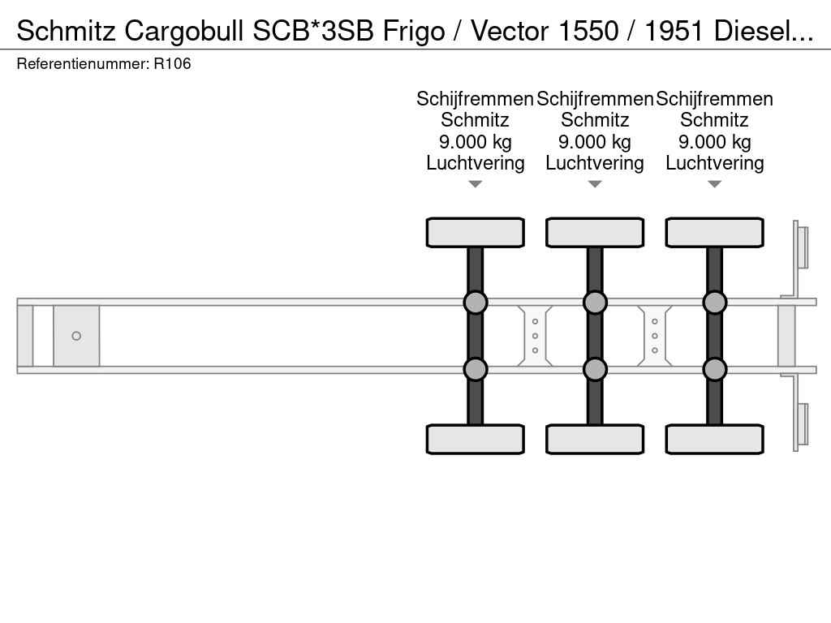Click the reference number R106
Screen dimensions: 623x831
(x=172, y=63)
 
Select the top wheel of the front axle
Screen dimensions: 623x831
(x=475, y=232)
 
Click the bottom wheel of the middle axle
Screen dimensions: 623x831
(x=595, y=439)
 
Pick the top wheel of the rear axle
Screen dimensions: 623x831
(x=714, y=232)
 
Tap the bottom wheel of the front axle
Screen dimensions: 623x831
(x=475, y=439)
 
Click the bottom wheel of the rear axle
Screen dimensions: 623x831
(x=714, y=439)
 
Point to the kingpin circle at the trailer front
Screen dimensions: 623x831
(x=76, y=336)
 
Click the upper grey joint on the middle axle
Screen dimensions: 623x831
(x=595, y=303)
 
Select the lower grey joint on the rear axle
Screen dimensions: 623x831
(x=714, y=369)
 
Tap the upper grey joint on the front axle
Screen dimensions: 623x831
(x=475, y=303)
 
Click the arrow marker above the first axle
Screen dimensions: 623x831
(x=475, y=184)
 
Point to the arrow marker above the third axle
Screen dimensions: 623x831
(x=714, y=184)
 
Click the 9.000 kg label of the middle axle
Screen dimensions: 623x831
(x=595, y=142)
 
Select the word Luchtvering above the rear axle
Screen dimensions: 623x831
(x=714, y=163)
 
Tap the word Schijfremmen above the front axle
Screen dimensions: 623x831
(x=475, y=99)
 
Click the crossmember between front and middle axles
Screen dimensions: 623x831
(x=535, y=336)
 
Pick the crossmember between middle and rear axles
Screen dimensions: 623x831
(x=655, y=336)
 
